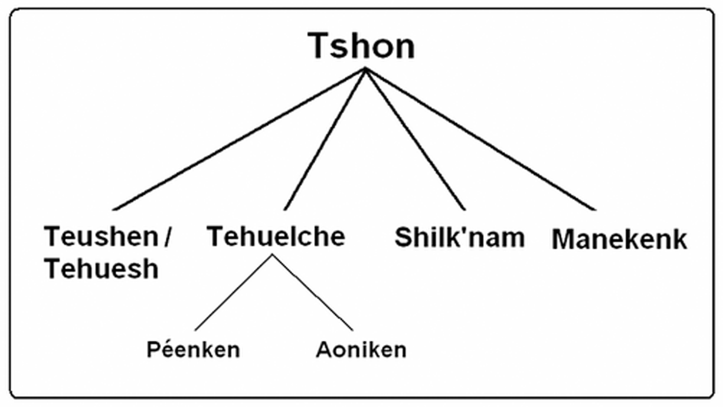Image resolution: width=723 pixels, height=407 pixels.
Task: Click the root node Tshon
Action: coord(361,46)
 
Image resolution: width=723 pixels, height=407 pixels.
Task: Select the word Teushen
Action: coord(101,236)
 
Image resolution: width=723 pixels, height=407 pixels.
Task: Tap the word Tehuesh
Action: coord(101,269)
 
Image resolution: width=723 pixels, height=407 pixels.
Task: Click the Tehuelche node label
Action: coord(276,236)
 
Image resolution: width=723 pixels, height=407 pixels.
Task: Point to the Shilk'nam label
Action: coord(459,237)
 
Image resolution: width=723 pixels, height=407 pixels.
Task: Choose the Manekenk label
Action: coord(619,239)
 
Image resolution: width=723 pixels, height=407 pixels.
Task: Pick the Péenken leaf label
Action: coord(193,349)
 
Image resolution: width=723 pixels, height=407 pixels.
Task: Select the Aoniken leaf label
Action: coord(361,350)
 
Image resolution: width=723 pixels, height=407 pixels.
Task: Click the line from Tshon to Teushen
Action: coord(239,139)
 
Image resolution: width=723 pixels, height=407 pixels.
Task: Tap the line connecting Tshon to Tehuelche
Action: coord(325,139)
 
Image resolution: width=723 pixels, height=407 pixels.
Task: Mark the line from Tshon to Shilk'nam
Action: coord(415,139)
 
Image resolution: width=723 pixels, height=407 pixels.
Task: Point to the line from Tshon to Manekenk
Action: coord(480,139)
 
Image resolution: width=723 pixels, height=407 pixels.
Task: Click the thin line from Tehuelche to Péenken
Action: coord(233,293)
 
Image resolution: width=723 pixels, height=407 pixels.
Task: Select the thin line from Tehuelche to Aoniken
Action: coord(313,293)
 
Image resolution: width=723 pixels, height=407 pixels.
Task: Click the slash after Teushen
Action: coord(168,236)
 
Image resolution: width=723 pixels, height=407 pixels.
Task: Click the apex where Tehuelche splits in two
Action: coord(272,256)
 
